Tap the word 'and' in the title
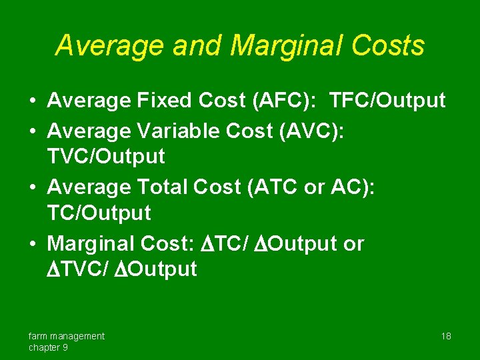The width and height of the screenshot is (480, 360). tap(196, 46)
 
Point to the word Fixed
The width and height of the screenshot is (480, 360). tap(163, 101)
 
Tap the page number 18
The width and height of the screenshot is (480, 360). tap(446, 336)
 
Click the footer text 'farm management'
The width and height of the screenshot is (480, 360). tap(66, 336)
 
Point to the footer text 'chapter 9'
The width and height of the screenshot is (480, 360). tap(47, 348)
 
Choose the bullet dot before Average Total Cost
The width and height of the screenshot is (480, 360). tap(32, 189)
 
